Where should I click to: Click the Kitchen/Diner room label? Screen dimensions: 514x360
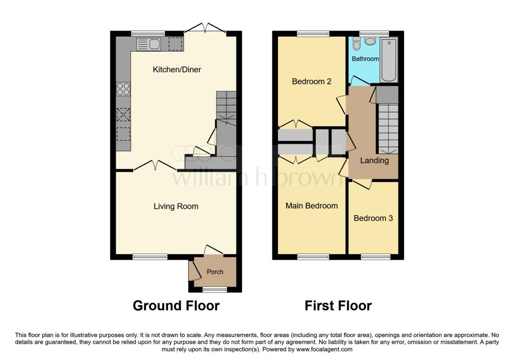[177, 69]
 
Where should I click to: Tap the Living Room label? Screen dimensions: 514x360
[176, 206]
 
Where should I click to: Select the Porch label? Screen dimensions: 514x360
[215, 272]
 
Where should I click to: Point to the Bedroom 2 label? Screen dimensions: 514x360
[311, 81]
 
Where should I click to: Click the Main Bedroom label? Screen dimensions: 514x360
[311, 205]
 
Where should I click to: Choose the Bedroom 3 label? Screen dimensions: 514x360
[373, 218]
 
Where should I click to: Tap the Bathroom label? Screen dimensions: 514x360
[365, 59]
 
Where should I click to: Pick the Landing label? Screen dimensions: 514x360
[374, 160]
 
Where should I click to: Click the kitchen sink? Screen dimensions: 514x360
[149, 44]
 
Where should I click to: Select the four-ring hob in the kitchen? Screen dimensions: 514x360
[123, 89]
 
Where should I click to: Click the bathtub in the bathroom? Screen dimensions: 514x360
[389, 60]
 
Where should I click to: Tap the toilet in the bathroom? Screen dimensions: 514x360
[357, 44]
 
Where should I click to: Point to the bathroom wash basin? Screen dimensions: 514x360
[370, 41]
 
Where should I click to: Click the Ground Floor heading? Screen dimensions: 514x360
[176, 306]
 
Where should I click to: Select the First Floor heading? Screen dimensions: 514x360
[338, 306]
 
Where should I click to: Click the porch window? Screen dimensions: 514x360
[215, 289]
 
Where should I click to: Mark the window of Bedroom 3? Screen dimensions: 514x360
[375, 257]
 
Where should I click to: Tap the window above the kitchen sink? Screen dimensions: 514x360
[148, 34]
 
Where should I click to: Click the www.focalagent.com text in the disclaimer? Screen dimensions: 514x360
[324, 349]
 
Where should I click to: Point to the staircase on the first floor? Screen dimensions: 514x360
[389, 129]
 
